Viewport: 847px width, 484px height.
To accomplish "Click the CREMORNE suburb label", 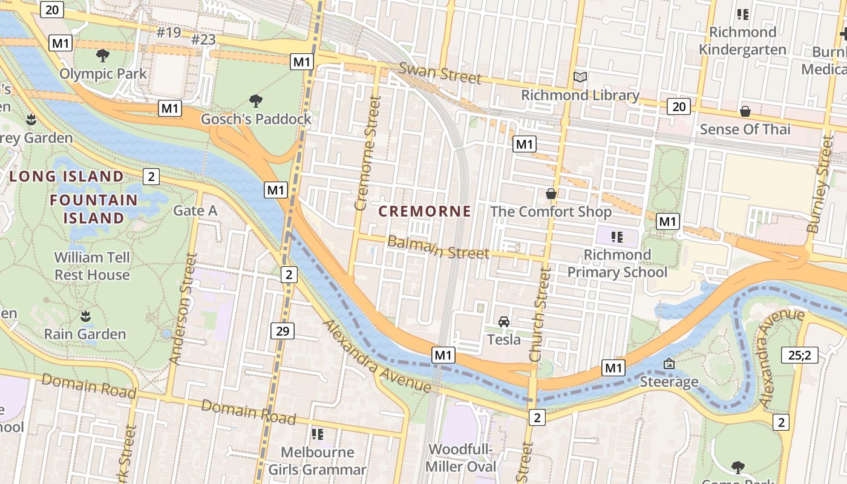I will click(425, 211).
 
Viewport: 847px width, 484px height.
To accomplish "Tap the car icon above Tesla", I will click(504, 321).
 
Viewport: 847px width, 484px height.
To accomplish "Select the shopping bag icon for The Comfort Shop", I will click(551, 194).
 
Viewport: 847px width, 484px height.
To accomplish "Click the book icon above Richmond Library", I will click(580, 77).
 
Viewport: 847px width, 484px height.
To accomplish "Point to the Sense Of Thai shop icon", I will click(745, 111).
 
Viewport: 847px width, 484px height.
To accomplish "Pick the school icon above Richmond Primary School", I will click(617, 237).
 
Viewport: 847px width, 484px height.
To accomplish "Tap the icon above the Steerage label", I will click(669, 364).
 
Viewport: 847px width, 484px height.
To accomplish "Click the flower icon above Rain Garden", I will click(85, 316).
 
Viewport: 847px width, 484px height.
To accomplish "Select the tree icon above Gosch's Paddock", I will click(256, 100).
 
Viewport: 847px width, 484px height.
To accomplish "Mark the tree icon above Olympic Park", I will click(103, 56).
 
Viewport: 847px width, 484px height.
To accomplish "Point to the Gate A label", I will click(195, 211).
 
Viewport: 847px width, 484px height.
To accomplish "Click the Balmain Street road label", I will click(438, 247).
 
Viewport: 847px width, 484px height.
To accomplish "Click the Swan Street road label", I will click(440, 73).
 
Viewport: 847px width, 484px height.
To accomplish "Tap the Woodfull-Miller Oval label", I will click(461, 458).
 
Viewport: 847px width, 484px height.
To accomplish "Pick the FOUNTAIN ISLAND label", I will click(94, 209).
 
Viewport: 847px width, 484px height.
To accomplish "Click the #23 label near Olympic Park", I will click(203, 40).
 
